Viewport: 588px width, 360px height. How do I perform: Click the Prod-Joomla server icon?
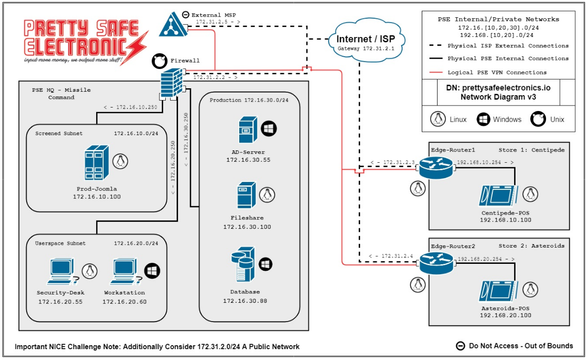point(96,163)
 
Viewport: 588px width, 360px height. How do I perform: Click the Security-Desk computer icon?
point(63,272)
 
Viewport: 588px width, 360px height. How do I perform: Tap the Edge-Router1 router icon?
point(436,168)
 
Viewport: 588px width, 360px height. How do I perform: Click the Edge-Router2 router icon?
point(436,264)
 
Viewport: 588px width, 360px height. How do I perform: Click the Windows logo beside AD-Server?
point(269,129)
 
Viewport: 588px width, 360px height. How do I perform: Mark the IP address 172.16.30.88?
point(245,301)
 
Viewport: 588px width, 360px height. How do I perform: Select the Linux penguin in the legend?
point(437,119)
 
